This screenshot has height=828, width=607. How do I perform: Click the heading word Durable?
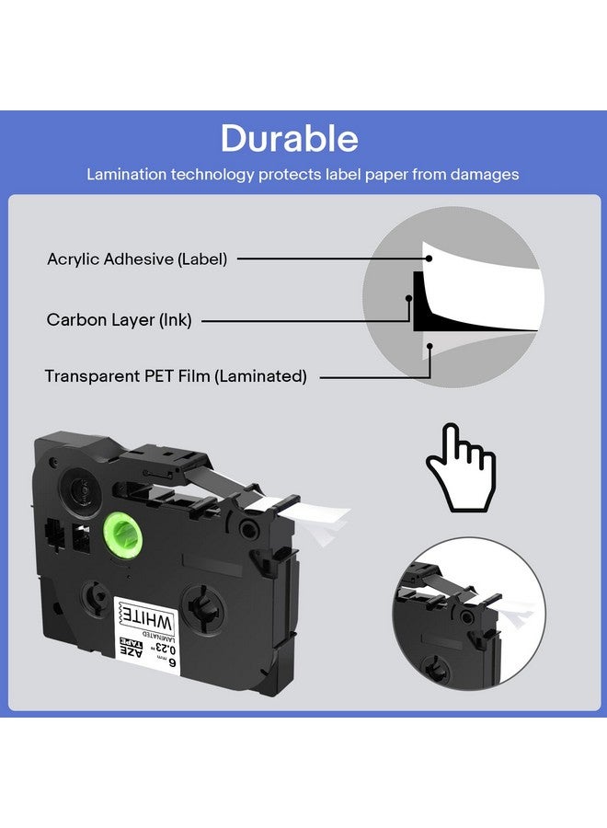click(290, 139)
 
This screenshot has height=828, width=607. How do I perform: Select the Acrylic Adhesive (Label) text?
click(137, 259)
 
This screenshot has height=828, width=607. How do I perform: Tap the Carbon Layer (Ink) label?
click(119, 320)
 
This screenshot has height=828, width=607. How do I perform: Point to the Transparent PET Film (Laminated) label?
click(176, 376)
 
